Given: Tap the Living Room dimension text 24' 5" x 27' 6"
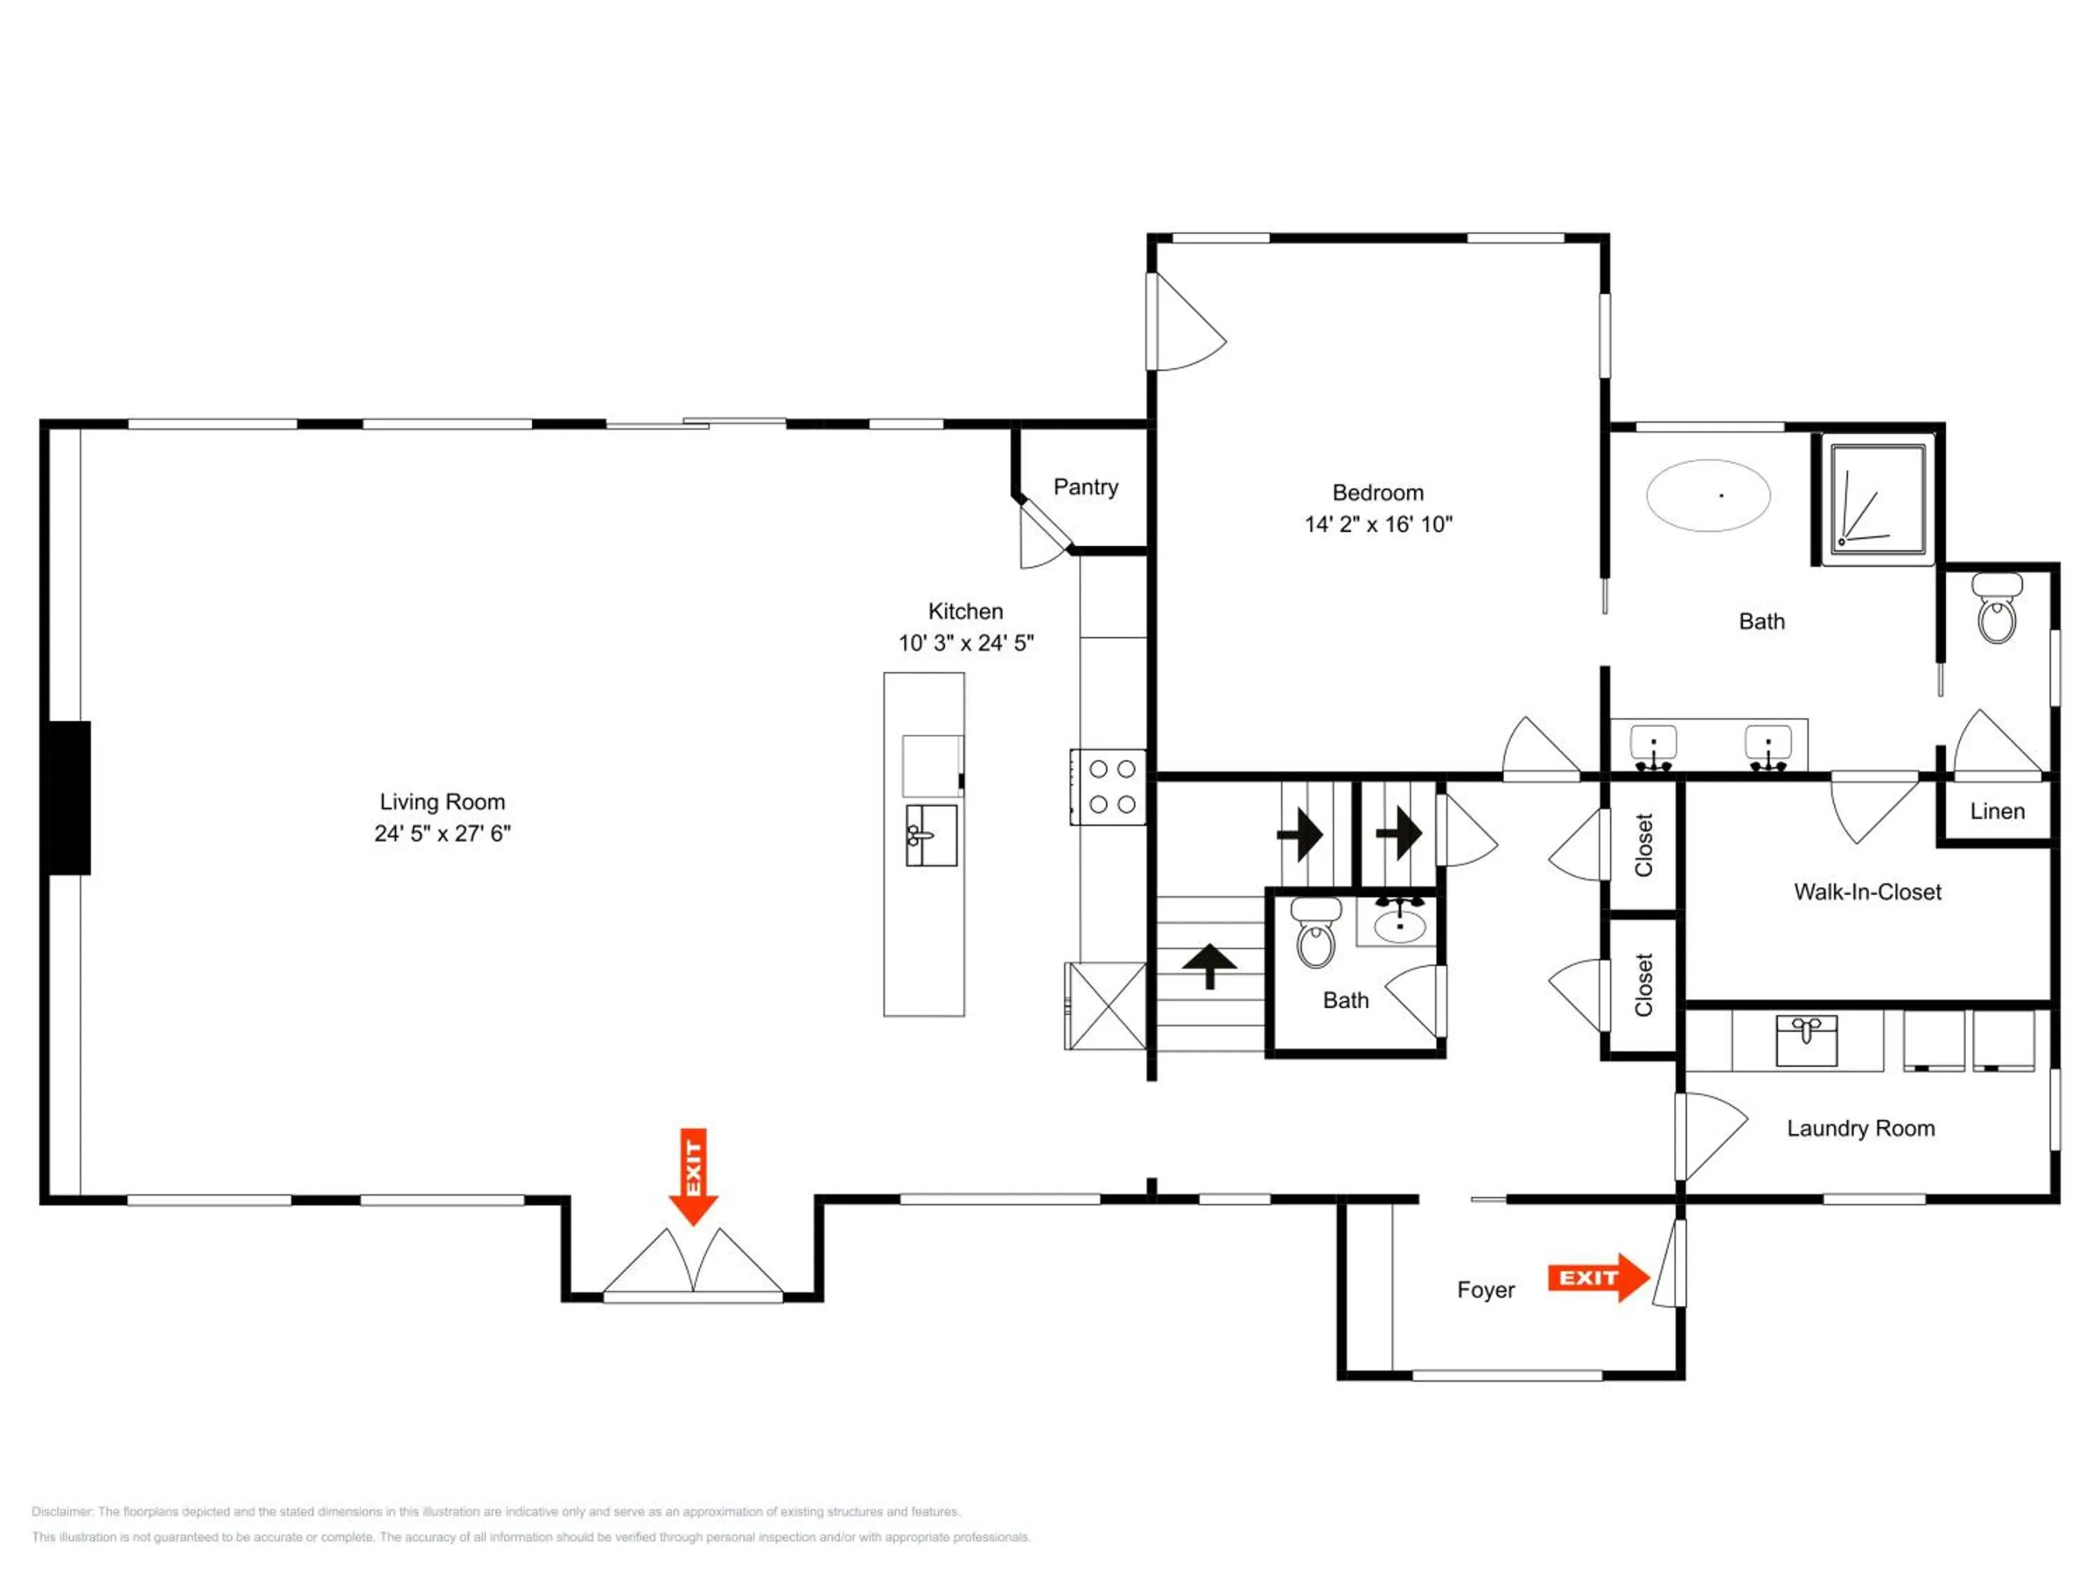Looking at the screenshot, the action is click(x=442, y=834).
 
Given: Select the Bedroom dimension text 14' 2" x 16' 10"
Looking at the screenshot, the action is click(x=1378, y=524).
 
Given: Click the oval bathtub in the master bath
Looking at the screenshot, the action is click(x=1708, y=496).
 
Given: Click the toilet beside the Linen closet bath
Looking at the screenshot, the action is click(x=1998, y=608).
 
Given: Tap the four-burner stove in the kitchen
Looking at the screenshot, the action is click(x=1108, y=787).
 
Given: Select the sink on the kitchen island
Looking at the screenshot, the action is click(x=930, y=835).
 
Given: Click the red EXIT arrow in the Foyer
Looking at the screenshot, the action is click(x=1599, y=1277).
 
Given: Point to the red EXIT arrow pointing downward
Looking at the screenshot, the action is click(x=693, y=1176).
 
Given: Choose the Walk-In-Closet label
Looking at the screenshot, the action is click(x=1868, y=892).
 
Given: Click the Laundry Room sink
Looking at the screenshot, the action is click(x=1807, y=1040).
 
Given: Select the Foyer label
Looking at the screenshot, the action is click(x=1486, y=1290).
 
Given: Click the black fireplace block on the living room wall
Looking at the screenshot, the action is click(x=66, y=797).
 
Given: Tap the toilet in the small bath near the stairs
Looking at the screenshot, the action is click(x=1316, y=933).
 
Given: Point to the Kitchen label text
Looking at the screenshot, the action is click(x=965, y=611).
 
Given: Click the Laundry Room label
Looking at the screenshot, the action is click(x=1861, y=1129).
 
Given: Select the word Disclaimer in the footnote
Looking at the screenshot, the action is click(x=63, y=1511).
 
